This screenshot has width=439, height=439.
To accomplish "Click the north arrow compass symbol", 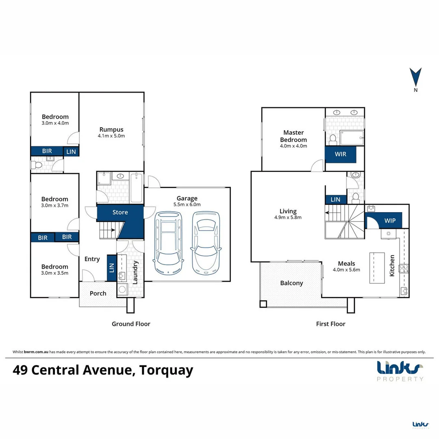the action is (415, 79).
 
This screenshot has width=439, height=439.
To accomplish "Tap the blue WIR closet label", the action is (341, 154).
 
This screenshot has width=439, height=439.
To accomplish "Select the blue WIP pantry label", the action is (390, 221).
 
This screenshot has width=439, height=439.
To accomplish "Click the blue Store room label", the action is (120, 212).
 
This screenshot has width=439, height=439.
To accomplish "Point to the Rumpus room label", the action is (111, 129).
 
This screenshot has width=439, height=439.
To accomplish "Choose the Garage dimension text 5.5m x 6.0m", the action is (187, 204).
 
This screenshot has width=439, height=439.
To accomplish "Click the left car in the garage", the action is (168, 243).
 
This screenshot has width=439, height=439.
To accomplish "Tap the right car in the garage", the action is (206, 243).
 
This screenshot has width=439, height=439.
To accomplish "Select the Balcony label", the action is (291, 283).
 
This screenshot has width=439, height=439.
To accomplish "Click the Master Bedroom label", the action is (293, 136).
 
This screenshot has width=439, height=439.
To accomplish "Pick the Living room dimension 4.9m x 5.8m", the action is (288, 217).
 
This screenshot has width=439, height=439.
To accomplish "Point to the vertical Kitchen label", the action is (392, 265).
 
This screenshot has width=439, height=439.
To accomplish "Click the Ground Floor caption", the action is (131, 324).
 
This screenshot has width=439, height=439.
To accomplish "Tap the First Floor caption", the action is (330, 324).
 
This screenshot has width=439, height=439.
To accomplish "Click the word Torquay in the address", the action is (166, 370).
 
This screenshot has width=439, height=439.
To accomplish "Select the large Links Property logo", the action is (400, 371).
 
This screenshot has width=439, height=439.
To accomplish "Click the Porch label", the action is (98, 293).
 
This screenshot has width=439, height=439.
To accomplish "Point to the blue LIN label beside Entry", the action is (112, 268).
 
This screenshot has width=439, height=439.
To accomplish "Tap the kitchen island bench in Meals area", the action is (377, 268).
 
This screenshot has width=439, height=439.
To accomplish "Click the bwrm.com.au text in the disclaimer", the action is (36, 352).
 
